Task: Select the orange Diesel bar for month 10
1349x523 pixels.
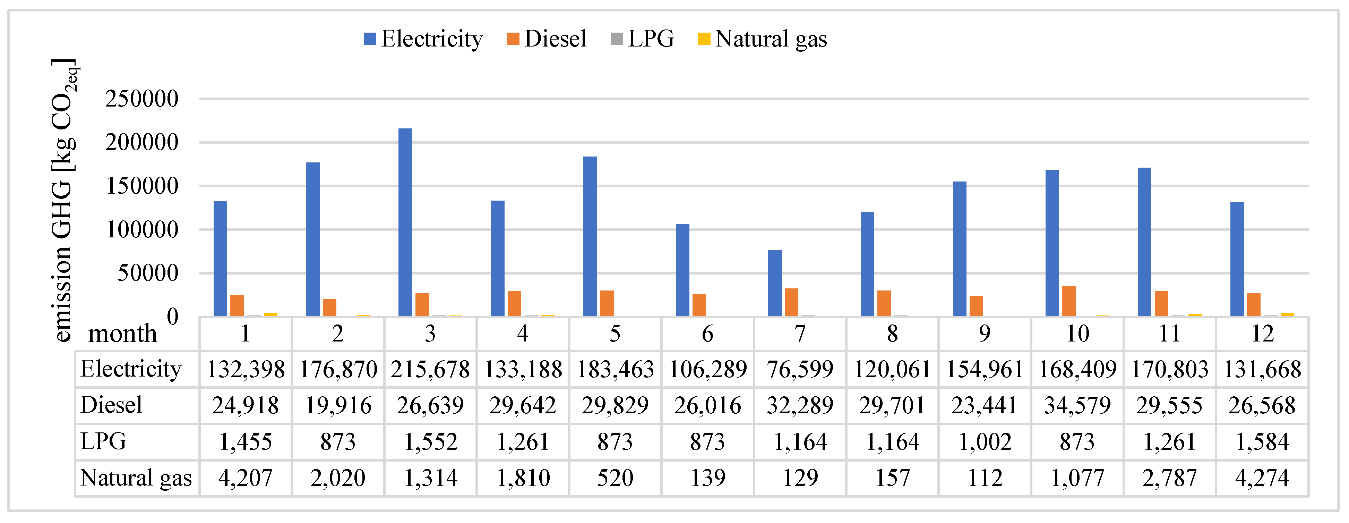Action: (1068, 301)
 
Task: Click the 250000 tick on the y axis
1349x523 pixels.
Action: (141, 99)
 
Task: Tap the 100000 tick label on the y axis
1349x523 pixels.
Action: (141, 229)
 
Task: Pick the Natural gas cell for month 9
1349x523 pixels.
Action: (985, 478)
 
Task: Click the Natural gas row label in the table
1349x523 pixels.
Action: (136, 478)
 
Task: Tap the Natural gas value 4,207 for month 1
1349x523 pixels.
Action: (245, 478)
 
